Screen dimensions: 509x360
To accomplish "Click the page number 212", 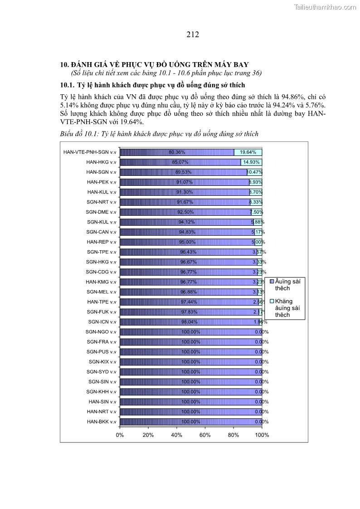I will (x=193, y=34).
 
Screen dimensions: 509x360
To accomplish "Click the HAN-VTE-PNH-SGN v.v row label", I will (x=90, y=152).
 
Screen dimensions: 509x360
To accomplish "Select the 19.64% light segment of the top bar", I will (x=248, y=152).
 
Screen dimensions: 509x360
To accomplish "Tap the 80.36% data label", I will (x=177, y=152).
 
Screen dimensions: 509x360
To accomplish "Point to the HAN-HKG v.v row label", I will (x=101, y=162).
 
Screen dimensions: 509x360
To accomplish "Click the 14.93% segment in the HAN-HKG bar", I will (x=251, y=162).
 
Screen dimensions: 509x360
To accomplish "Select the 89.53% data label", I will (x=184, y=172).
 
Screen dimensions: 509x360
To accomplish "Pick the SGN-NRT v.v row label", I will (x=101, y=202).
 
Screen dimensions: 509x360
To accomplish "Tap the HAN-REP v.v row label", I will (x=101, y=242).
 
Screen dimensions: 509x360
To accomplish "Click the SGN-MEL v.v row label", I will (x=101, y=292).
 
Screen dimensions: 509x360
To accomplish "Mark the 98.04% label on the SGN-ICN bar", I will (x=190, y=322).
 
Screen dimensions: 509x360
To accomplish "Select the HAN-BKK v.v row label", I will (x=101, y=422).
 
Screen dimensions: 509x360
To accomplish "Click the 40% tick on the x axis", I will (x=176, y=435).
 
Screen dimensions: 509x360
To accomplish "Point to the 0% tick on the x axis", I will (x=120, y=435).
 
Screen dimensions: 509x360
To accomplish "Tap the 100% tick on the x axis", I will (x=262, y=435).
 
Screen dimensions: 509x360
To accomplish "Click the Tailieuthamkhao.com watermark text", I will (x=326, y=7).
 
